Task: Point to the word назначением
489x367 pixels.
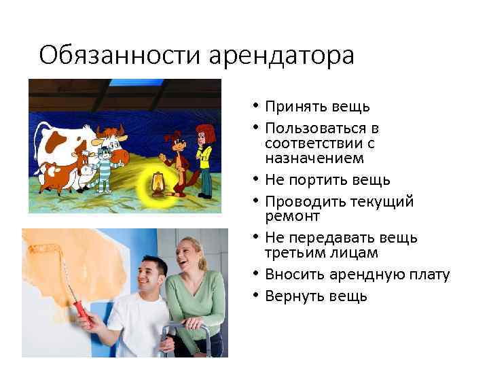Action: point(305,158)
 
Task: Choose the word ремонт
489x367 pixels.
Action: point(289,216)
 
